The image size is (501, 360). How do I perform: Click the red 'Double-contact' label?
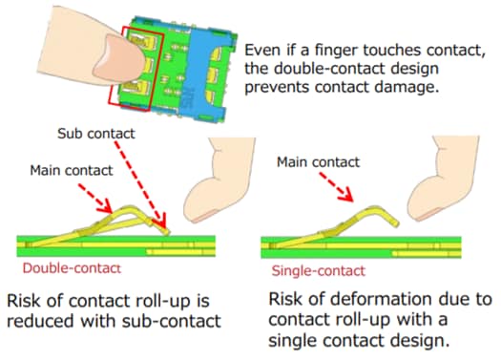tap(63, 270)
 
